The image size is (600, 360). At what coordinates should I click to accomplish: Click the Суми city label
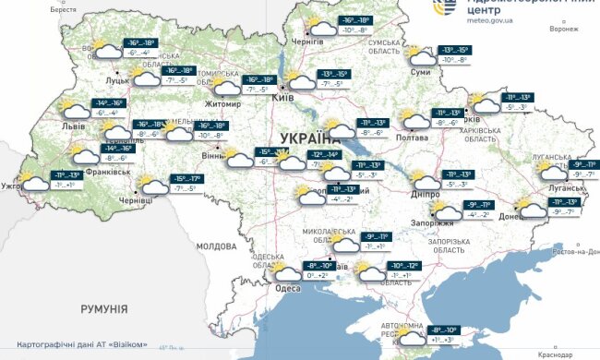(420, 71)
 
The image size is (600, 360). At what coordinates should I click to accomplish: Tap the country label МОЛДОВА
(217, 246)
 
